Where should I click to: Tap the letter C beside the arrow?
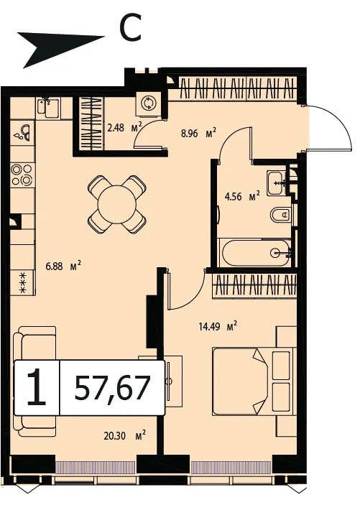129,29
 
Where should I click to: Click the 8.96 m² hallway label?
198,133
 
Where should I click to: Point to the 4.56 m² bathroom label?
242,196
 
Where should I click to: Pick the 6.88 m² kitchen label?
63,266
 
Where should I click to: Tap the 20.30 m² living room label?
124,436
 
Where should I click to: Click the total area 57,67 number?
112,388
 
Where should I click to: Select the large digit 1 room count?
37,388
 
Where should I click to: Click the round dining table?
117,204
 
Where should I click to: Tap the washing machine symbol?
147,103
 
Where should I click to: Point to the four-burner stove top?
22,175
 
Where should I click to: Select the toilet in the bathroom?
282,215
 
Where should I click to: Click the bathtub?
255,253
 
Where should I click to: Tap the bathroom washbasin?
277,183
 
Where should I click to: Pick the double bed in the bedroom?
252,381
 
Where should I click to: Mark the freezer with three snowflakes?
22,282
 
